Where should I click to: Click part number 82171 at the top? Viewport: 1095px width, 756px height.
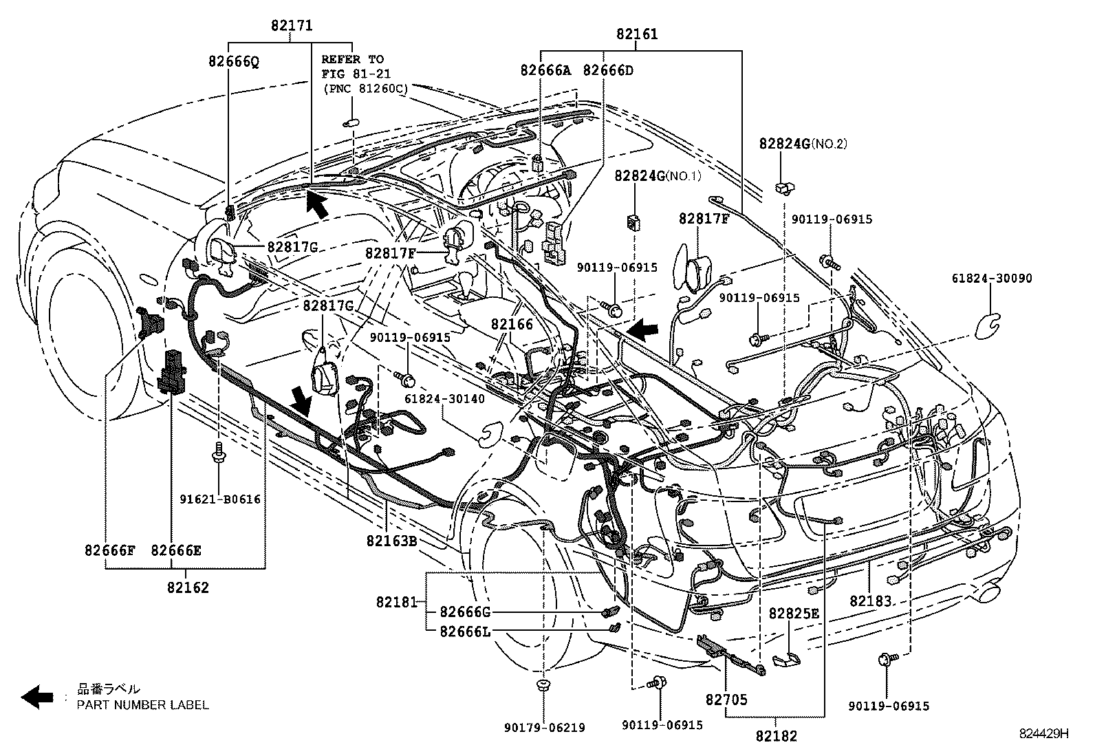291,25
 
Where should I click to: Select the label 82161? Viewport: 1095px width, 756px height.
636,34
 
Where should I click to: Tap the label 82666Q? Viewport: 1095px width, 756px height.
234,61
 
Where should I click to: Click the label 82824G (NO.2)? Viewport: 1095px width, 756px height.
803,144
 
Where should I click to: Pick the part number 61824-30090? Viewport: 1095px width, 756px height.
992,279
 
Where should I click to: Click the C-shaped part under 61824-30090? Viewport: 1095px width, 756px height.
988,324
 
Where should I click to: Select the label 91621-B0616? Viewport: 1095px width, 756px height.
218,499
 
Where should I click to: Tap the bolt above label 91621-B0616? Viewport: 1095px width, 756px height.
217,451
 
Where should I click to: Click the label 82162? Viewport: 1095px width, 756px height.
187,587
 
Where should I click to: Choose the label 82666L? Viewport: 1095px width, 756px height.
465,630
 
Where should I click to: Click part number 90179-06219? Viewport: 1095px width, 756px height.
544,728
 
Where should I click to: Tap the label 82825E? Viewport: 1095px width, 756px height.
794,614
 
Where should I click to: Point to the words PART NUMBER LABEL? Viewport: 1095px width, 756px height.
142,704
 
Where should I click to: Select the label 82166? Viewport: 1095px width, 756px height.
512,323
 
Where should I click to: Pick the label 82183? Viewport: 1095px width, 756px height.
870,600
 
